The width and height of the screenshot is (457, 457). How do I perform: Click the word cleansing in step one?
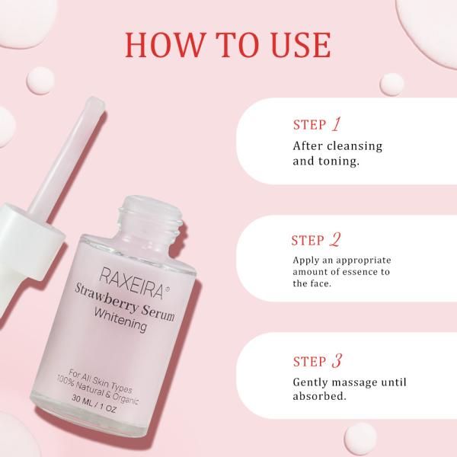[x=356, y=145]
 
